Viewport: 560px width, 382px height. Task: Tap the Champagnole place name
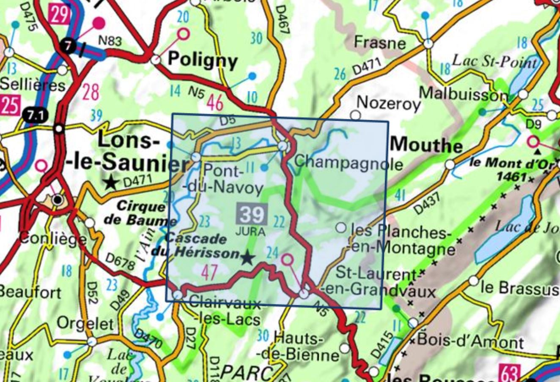349,162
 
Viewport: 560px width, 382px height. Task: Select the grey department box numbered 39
252,214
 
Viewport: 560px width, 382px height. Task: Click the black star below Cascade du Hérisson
248,258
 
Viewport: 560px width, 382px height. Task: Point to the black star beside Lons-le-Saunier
111,183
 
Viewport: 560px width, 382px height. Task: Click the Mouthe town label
427,146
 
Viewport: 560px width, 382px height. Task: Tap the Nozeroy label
389,103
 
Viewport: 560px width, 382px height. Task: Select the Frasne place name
379,43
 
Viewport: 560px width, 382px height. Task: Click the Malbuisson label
463,93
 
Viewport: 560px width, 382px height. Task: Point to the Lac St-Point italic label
494,61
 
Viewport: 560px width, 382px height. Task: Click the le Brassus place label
519,288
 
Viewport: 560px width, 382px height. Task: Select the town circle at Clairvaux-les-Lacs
178,294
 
